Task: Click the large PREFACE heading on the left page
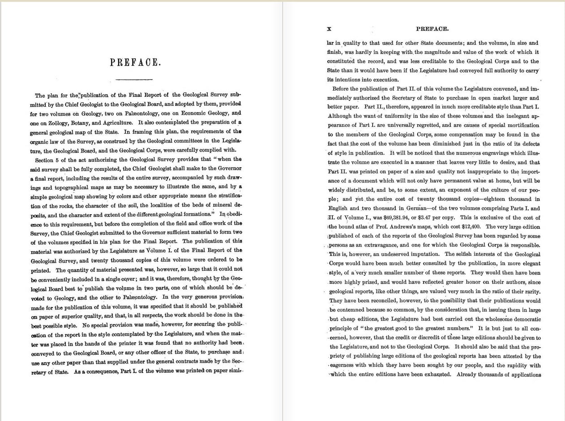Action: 135,62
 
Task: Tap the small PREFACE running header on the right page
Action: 432,29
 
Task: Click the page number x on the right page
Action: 329,29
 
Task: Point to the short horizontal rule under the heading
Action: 134,79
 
